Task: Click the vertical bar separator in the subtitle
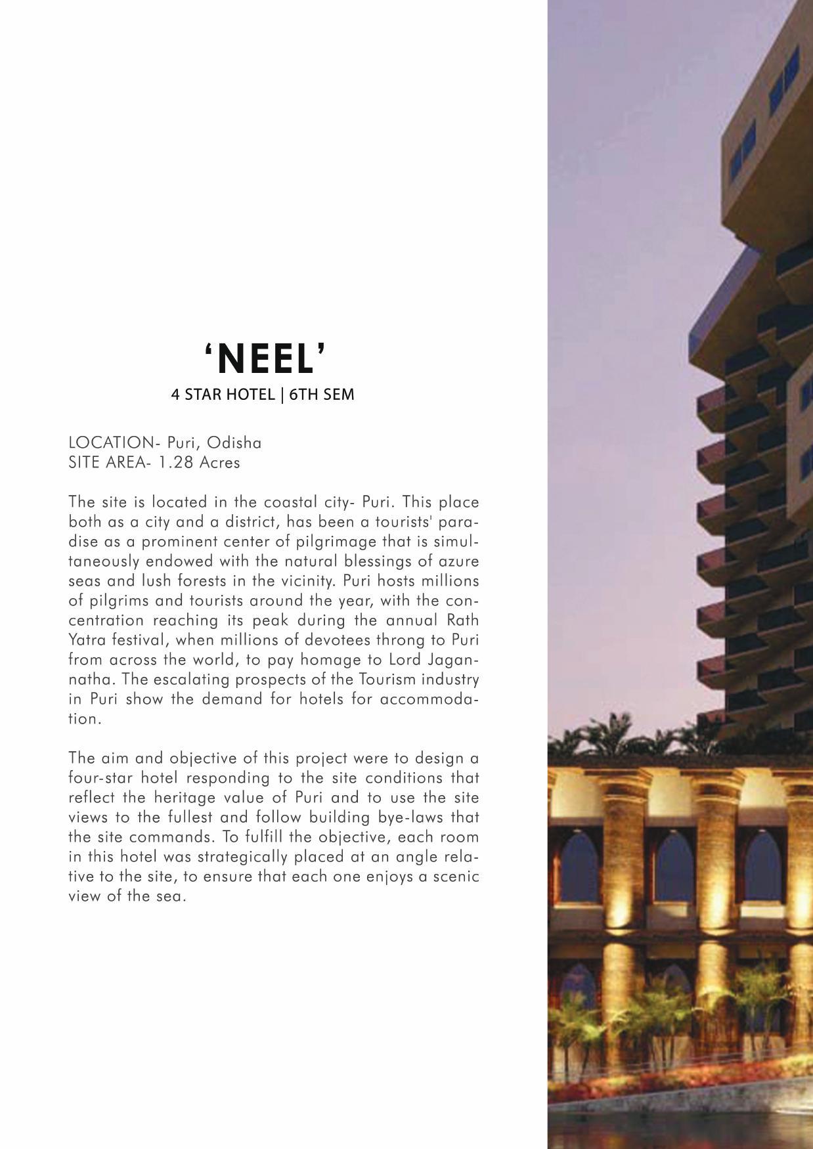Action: click(281, 395)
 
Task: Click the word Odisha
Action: click(234, 443)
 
